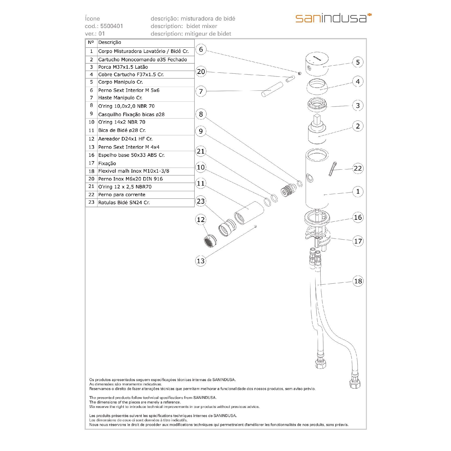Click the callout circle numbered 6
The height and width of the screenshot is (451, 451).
tap(201, 49)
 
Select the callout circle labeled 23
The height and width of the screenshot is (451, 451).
tap(201, 201)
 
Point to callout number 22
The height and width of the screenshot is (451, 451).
tap(358, 168)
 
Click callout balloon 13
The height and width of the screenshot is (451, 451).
tap(201, 261)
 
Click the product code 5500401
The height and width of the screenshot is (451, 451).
tap(111, 26)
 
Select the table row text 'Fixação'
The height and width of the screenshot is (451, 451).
tap(107, 163)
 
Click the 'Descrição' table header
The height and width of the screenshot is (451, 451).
tap(109, 43)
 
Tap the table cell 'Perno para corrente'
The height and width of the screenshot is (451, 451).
tap(122, 195)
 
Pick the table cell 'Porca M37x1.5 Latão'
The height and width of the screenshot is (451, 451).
tap(123, 67)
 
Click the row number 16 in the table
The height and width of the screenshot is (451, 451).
tap(91, 155)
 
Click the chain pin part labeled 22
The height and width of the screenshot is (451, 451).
tap(332, 169)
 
